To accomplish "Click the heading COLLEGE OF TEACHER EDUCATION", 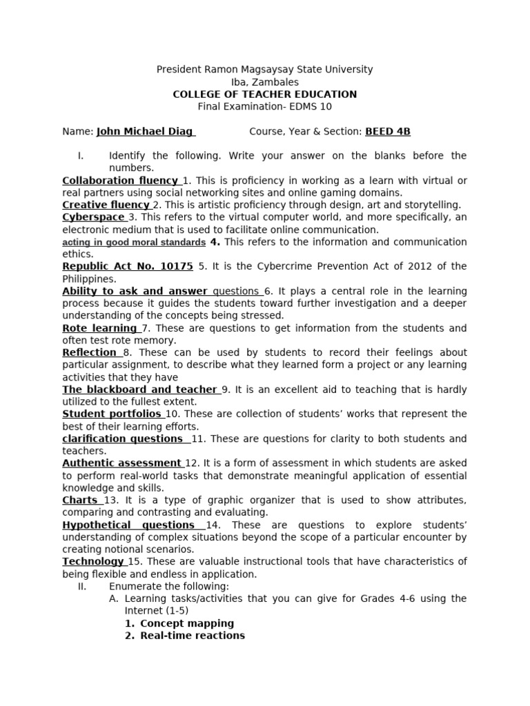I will click(264, 94).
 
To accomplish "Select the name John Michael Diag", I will click(145, 132).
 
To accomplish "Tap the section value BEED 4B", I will click(388, 132).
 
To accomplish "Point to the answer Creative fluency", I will click(106, 205).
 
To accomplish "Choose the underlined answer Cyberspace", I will click(92, 217).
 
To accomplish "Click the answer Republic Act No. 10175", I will click(128, 266).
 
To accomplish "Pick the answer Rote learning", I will click(99, 328).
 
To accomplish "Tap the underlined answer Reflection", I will click(90, 352).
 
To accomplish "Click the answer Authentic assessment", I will click(121, 463).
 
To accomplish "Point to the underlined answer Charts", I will click(80, 500).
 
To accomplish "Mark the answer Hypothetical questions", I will click(128, 525).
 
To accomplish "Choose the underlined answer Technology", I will click(92, 562).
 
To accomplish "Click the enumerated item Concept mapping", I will click(187, 623).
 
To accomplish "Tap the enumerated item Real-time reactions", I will click(193, 636).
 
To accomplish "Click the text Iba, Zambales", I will click(264, 82).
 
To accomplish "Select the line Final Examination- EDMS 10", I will click(264, 107).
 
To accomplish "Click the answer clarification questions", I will click(122, 438).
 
